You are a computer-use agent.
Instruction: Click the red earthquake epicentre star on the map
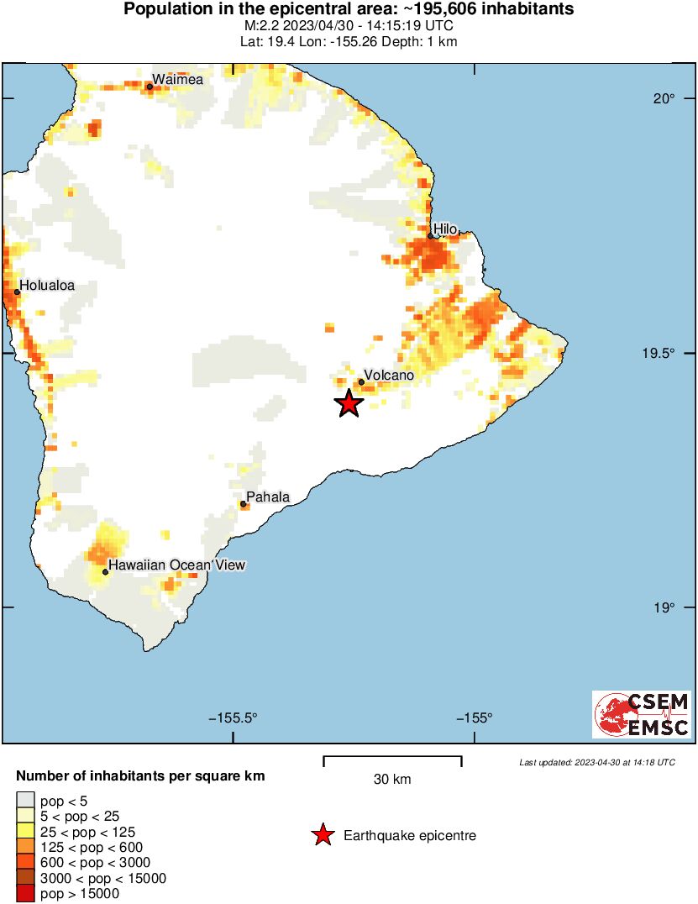pos(349,403)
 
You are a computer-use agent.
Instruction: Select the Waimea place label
pos(177,79)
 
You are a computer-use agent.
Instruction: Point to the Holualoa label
pos(47,285)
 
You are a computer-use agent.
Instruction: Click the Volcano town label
pos(389,376)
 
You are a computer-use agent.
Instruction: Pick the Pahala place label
pos(268,497)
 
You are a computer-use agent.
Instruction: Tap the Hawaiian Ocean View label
pos(176,565)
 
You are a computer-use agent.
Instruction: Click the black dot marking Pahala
pos(243,504)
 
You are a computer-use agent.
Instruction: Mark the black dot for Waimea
pos(150,87)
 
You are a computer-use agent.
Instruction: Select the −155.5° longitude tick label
pos(233,717)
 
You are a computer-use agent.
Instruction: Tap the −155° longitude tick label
pos(475,717)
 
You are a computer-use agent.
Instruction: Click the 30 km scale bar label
pos(392,779)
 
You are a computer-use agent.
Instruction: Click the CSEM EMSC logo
pos(642,714)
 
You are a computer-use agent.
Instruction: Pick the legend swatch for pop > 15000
pos(26,894)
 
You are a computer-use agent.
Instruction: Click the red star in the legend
pos(322,835)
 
